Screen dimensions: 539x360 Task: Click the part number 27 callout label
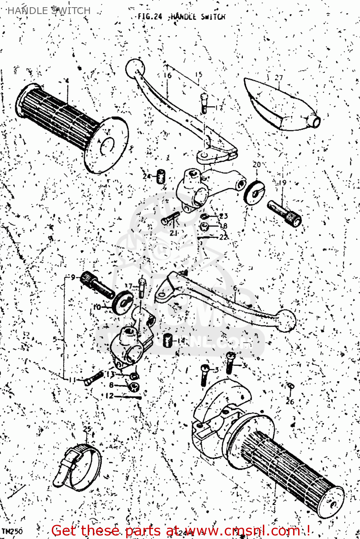pyautogui.click(x=279, y=77)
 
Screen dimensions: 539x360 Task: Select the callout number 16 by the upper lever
pyautogui.click(x=168, y=75)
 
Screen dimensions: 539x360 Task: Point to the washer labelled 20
pyautogui.click(x=254, y=193)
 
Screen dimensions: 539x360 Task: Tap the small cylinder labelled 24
pyautogui.click(x=161, y=176)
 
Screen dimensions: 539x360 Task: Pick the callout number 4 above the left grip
pyautogui.click(x=67, y=81)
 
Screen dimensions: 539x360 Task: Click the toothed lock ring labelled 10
pyautogui.click(x=123, y=303)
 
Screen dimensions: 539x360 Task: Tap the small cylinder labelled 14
pyautogui.click(x=167, y=340)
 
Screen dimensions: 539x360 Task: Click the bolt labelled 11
pyautogui.click(x=94, y=378)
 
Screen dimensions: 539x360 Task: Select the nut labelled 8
pyautogui.click(x=134, y=387)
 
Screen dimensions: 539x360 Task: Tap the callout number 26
pyautogui.click(x=290, y=402)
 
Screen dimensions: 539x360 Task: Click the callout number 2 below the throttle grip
pyautogui.click(x=274, y=502)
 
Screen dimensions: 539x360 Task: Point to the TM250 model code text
pyautogui.click(x=12, y=531)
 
